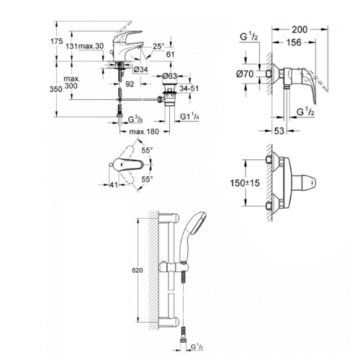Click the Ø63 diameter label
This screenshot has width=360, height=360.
tap(170, 75)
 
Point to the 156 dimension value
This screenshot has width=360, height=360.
tap(293, 42)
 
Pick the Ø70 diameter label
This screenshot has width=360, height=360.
tap(245, 74)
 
